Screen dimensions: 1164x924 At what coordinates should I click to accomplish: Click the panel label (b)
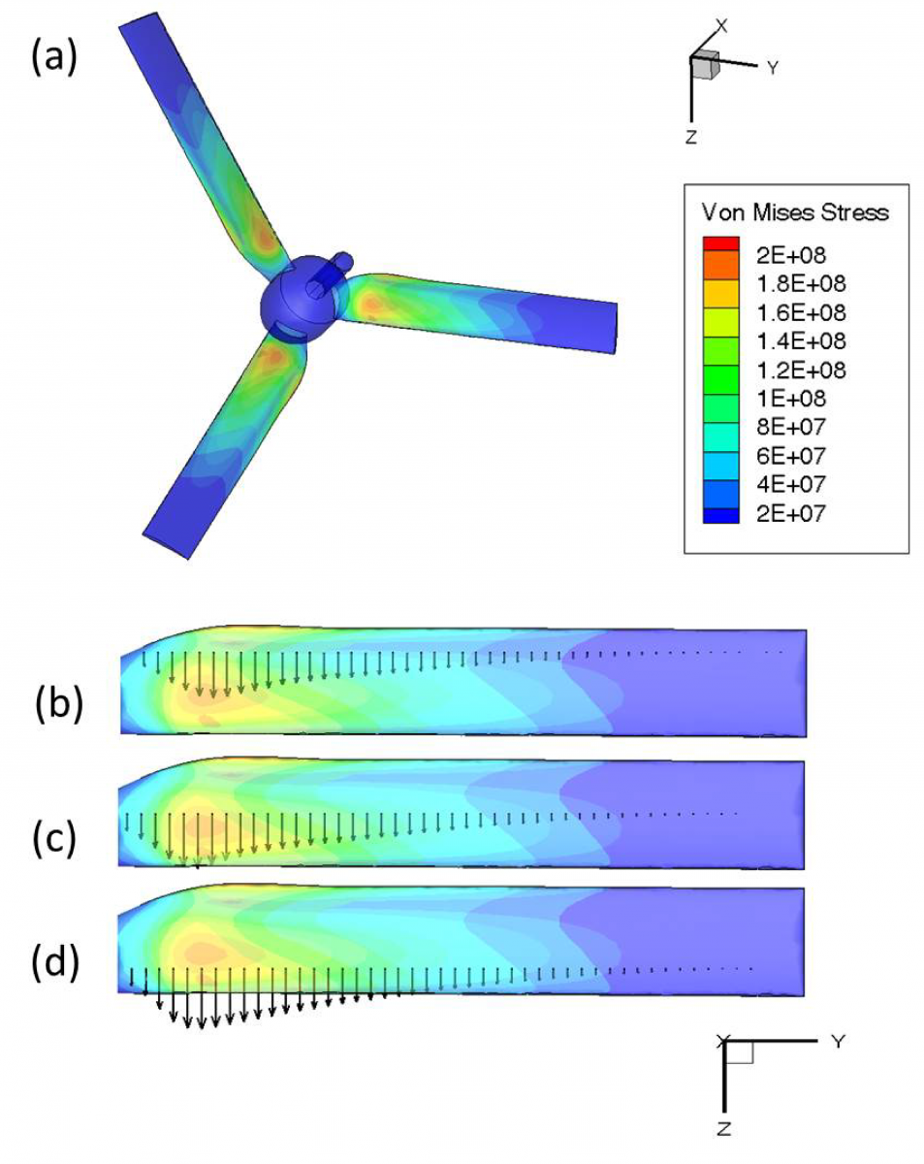click(59, 705)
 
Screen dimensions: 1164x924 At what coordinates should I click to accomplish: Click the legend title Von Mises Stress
click(794, 211)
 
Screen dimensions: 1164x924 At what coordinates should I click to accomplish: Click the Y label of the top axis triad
click(773, 68)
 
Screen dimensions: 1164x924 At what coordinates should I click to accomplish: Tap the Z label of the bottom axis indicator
click(725, 1127)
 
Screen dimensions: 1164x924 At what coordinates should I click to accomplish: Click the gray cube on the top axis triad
click(704, 65)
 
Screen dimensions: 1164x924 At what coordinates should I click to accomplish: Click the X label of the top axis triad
click(720, 23)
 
